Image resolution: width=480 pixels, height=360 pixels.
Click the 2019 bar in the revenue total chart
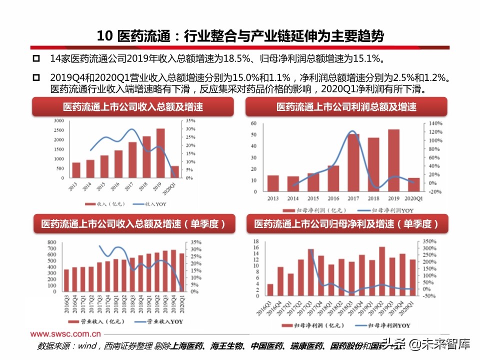(160, 153)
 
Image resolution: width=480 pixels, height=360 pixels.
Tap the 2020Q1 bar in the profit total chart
(414, 185)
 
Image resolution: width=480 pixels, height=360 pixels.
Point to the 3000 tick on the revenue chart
(58, 121)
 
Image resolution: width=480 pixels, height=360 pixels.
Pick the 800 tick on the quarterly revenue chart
(51, 242)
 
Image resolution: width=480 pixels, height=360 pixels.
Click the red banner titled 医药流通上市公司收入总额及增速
(133, 107)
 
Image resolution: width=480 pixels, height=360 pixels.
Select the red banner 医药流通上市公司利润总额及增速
(346, 107)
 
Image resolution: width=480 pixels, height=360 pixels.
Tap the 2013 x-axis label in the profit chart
(273, 198)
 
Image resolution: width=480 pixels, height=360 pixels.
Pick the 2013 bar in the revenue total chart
(76, 170)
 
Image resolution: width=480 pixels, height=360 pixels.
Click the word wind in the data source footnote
(88, 346)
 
